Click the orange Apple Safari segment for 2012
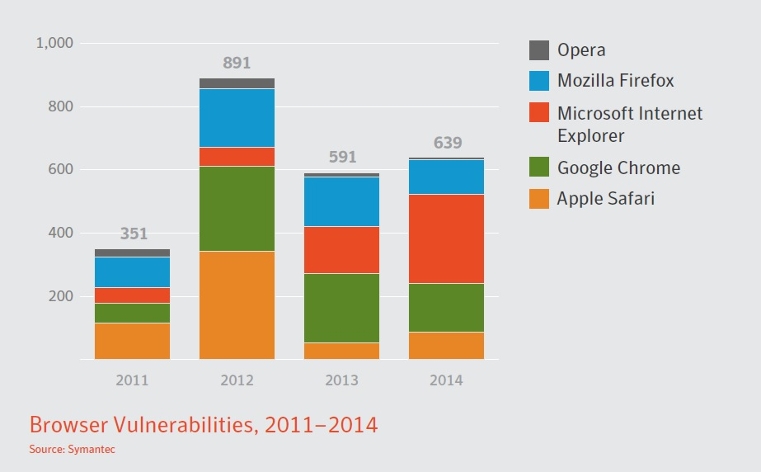[x=237, y=305]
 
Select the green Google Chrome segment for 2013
[x=341, y=308]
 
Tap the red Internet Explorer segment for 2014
[x=446, y=238]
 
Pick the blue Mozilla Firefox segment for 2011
[x=132, y=272]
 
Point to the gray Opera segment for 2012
[x=237, y=83]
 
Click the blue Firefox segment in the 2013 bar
[x=341, y=201]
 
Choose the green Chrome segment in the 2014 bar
[x=446, y=308]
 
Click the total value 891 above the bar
[x=237, y=64]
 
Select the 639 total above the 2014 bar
[x=447, y=143]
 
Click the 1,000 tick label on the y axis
[x=55, y=43]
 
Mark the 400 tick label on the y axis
[x=60, y=233]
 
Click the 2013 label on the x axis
[x=341, y=380]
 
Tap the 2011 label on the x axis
[x=132, y=380]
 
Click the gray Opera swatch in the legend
[x=539, y=50]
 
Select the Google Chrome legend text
[x=618, y=168]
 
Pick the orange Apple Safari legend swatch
[x=539, y=199]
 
